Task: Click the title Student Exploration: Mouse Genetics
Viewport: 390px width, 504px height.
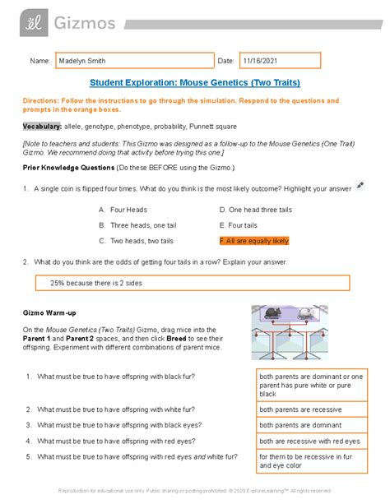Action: point(194,84)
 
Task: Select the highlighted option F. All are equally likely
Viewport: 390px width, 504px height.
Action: point(254,241)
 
